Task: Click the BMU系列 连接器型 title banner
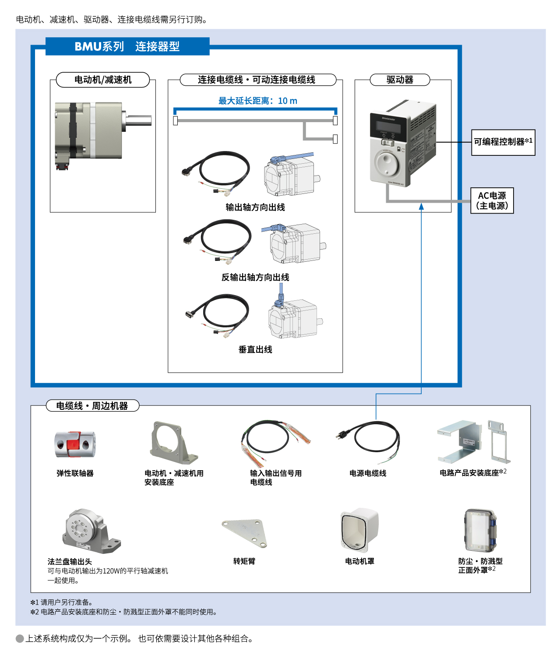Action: pos(127,46)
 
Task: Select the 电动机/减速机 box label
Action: pos(103,80)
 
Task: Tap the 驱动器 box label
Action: pos(400,80)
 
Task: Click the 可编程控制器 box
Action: pos(503,142)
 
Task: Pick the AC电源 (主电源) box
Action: pos(492,201)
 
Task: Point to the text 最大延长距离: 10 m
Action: pos(257,101)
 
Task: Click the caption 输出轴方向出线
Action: pos(255,207)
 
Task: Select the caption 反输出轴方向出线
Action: pos(255,277)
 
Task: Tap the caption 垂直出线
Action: pos(255,349)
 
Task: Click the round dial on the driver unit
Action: pos(386,164)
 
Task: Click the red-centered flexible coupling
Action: pos(75,445)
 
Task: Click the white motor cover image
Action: pos(359,529)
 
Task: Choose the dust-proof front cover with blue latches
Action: pos(480,531)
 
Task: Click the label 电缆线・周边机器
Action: pos(92,406)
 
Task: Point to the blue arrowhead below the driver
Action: pos(421,207)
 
